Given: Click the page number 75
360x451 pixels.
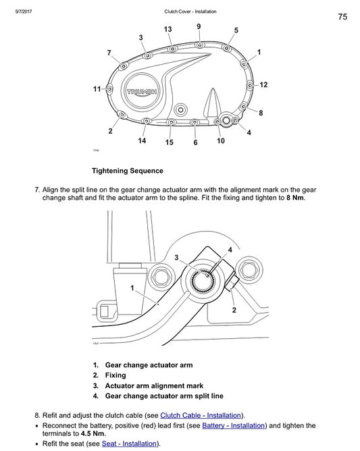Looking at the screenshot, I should (342, 17).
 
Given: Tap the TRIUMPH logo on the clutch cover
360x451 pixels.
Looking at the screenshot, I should (143, 90).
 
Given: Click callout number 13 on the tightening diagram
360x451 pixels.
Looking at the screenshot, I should (168, 29).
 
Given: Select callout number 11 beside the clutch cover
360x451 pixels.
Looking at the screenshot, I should (97, 89).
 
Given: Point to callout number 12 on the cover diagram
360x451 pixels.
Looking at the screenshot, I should (263, 84).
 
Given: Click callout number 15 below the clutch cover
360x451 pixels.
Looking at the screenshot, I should (169, 142).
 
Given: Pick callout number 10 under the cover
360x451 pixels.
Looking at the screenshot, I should (221, 141).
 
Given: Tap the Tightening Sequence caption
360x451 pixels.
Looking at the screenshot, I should (127, 171).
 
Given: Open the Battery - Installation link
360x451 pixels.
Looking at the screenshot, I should (234, 425).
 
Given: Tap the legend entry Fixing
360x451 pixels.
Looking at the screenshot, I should (115, 375).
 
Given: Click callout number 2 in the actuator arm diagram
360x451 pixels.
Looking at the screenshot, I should (234, 310).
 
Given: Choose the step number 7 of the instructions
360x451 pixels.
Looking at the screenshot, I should (36, 190).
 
